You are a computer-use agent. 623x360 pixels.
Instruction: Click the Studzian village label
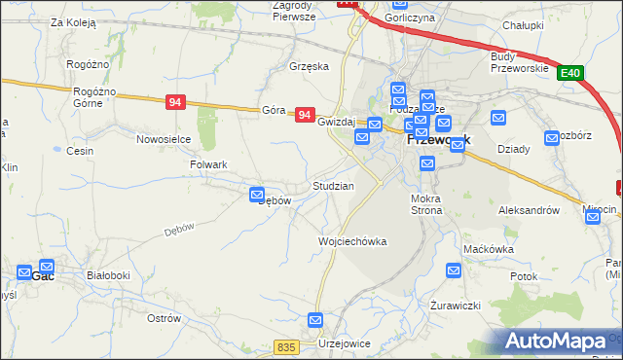(333, 185)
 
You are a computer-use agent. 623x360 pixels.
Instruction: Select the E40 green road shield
(570, 73)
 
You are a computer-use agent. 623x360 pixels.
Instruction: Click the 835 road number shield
(285, 347)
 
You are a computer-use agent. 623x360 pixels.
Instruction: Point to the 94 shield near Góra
(305, 115)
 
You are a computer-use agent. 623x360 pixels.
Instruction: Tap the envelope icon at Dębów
(258, 195)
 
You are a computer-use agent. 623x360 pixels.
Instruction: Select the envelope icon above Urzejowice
(315, 319)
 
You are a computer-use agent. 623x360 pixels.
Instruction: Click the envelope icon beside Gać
(46, 264)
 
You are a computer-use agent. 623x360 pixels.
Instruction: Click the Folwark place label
(207, 164)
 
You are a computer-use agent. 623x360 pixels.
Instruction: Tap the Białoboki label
(108, 275)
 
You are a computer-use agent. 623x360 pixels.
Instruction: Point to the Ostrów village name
(163, 318)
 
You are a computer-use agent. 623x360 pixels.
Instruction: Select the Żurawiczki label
(456, 306)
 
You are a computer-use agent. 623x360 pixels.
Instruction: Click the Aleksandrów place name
(528, 209)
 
